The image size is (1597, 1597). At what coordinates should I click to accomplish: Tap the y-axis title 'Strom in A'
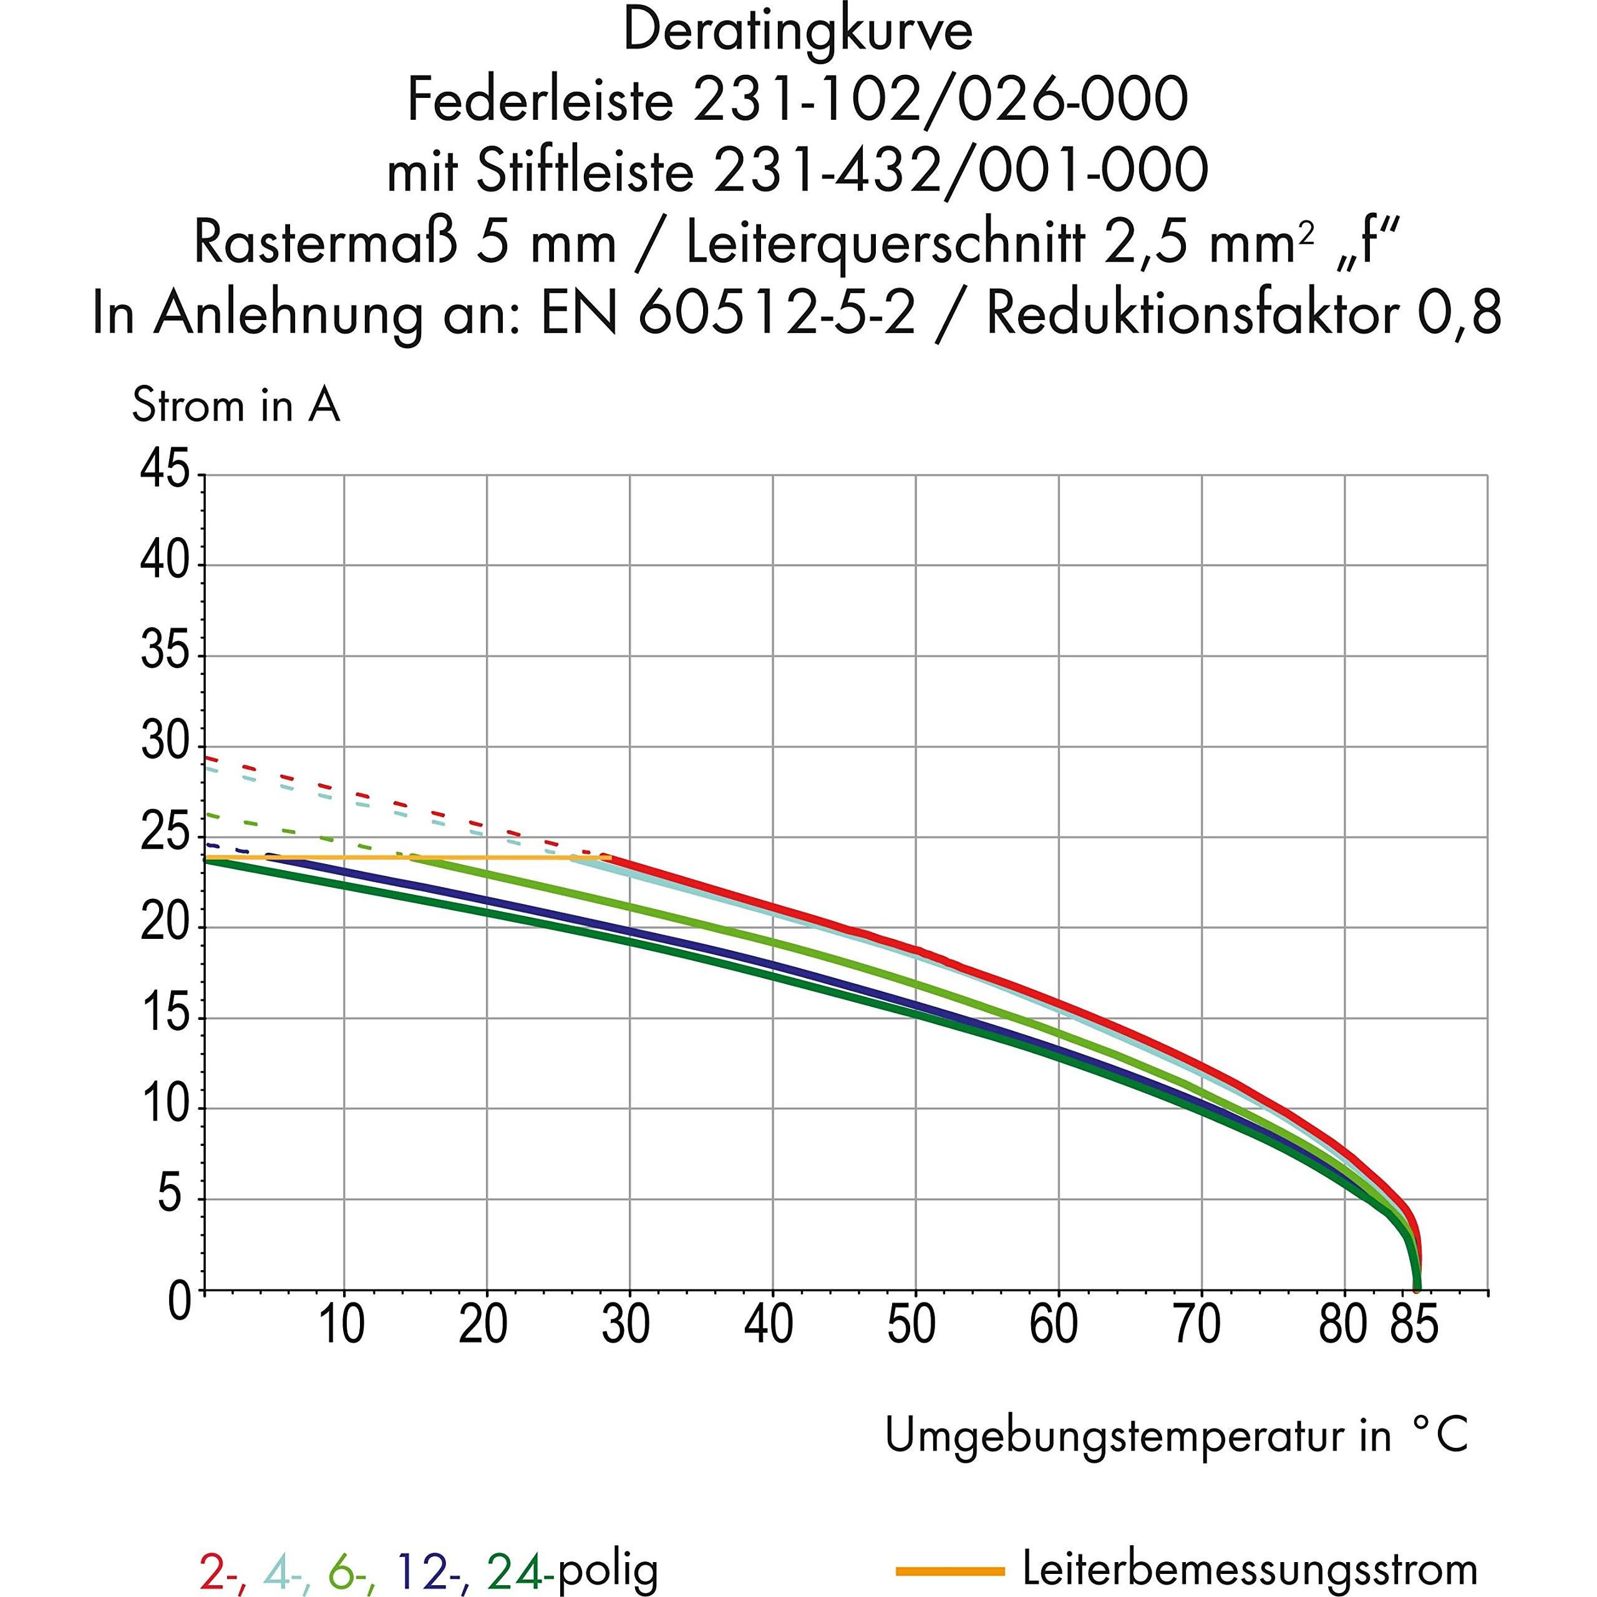pos(236,406)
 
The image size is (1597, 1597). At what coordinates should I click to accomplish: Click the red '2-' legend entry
pos(222,1571)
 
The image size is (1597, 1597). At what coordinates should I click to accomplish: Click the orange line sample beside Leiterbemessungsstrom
pos(951,1569)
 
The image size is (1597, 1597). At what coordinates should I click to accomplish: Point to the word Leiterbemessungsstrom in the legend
pos(1250,1568)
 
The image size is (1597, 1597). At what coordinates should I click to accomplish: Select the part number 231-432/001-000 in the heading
pos(961,171)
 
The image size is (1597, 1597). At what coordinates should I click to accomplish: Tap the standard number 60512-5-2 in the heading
pos(778,314)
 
